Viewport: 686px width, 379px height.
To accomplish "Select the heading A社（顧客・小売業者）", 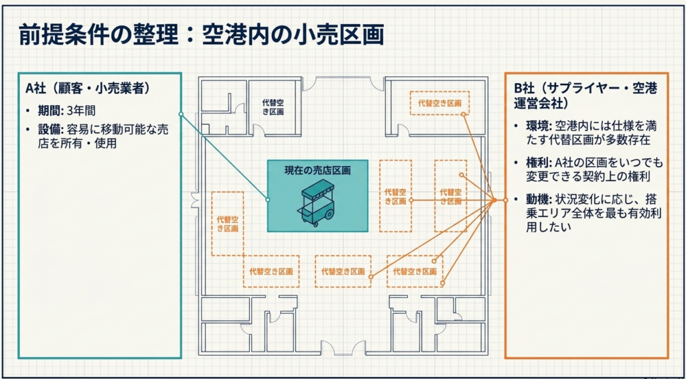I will [87, 88].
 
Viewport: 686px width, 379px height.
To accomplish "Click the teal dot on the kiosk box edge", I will [267, 200].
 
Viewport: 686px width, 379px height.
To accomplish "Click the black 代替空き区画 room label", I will [273, 107].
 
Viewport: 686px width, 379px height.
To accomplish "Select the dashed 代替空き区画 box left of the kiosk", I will [228, 223].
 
